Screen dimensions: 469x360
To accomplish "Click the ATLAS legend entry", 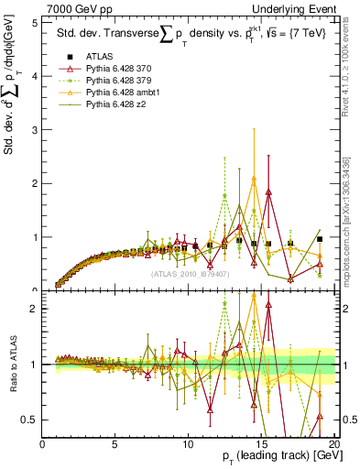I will point(99,57).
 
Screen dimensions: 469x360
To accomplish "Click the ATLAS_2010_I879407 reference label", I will point(189,273).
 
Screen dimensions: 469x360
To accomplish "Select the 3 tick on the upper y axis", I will point(35,130).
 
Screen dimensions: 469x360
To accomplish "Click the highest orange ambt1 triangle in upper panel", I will point(254,179).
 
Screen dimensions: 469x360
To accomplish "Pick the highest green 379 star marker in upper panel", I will point(224,196).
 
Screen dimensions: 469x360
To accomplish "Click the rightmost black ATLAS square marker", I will point(320,239).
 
